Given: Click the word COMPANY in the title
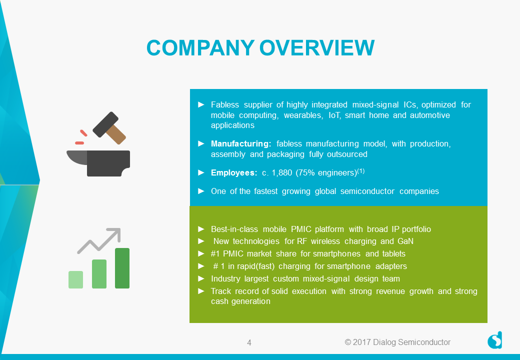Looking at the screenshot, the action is [x=200, y=47].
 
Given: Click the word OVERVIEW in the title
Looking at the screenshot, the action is [x=317, y=47].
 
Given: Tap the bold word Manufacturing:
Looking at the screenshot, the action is [x=241, y=144].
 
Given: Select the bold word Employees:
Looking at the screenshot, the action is [x=234, y=172].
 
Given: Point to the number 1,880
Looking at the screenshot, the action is [x=282, y=172].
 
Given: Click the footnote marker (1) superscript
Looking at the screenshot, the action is [x=361, y=170].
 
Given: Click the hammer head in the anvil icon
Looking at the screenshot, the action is [x=105, y=124].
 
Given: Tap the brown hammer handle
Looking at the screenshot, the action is [x=116, y=134].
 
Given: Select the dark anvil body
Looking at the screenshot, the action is [x=108, y=163].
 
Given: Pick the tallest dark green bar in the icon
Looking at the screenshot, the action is [x=122, y=268].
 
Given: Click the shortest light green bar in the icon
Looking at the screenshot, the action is [x=75, y=280].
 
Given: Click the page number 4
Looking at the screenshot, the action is [x=249, y=342].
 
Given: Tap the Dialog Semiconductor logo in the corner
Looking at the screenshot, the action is [x=495, y=340].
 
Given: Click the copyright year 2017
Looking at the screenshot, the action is [x=362, y=342].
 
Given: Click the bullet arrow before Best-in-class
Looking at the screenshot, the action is [x=201, y=228].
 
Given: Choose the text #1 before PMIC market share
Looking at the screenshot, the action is [x=215, y=253].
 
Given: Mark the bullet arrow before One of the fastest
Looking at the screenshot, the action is [x=201, y=191].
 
